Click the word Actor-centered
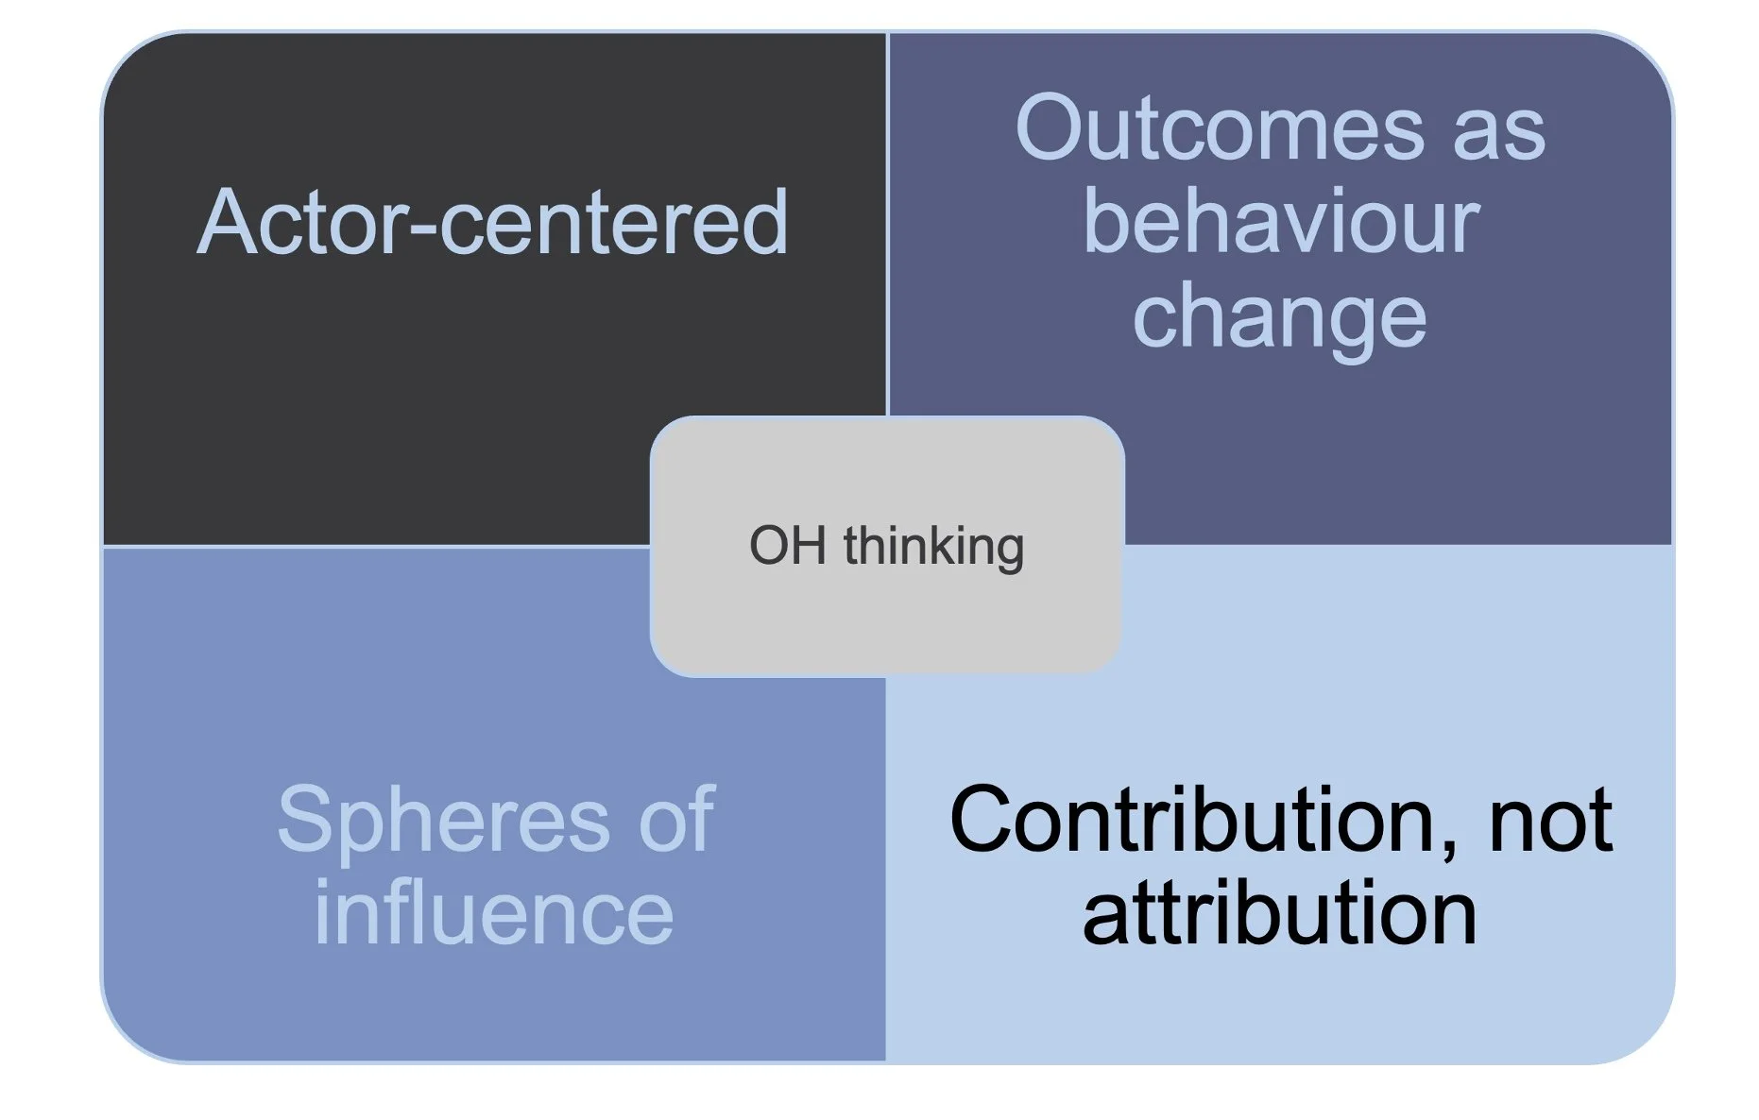click(492, 223)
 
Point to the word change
click(1279, 319)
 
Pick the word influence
click(494, 913)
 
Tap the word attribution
click(1279, 913)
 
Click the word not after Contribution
click(1550, 820)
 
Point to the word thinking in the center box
click(933, 547)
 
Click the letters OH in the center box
click(787, 547)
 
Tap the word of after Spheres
click(676, 820)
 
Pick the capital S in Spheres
click(305, 820)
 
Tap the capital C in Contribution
click(982, 820)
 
